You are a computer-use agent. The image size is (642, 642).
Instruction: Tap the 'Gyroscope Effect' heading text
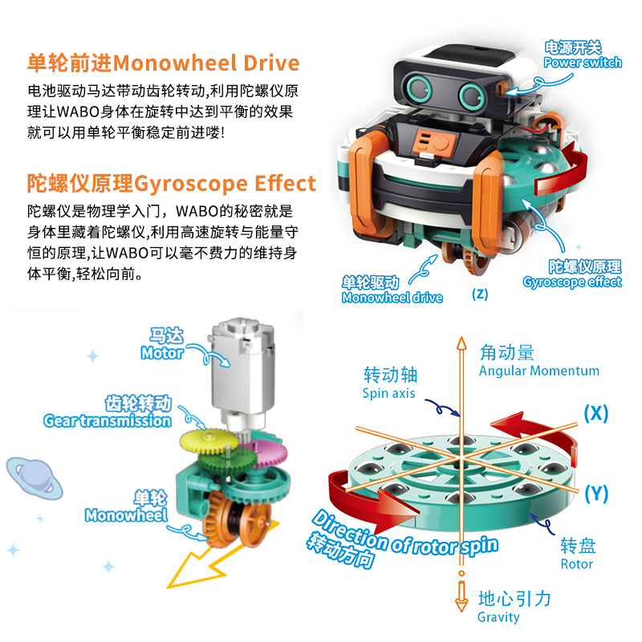pos(225,184)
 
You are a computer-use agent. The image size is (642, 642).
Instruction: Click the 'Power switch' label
pos(583,63)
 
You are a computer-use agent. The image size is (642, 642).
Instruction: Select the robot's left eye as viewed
pos(418,88)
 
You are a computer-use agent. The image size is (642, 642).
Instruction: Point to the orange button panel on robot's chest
pos(434,144)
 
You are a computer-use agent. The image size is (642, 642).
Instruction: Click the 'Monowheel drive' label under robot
pos(392,298)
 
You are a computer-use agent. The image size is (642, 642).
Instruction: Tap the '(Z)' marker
pos(480,294)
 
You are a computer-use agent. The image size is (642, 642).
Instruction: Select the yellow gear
pos(209,441)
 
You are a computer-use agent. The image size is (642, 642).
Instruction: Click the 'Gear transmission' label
pos(108,421)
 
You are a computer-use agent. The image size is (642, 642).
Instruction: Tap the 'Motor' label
pos(162,352)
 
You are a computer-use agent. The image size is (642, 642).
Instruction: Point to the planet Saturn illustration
pos(35,478)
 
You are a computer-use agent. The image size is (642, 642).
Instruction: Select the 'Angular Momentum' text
pos(539,371)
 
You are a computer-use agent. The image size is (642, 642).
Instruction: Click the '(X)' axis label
pos(596,413)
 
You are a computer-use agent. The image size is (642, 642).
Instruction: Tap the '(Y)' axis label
pos(596,494)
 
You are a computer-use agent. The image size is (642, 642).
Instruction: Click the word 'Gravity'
pos(498,617)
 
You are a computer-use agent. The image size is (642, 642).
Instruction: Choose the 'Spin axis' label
pos(388,393)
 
